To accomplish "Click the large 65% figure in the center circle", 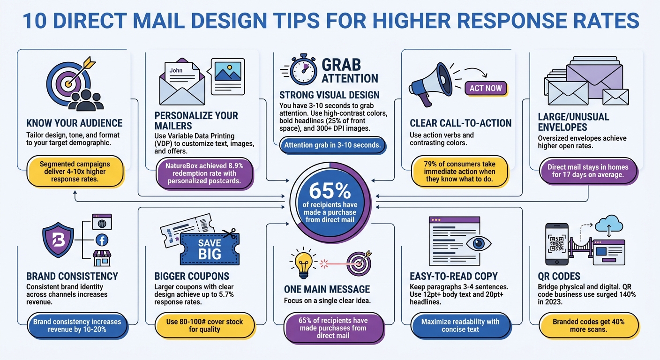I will click(x=330, y=190).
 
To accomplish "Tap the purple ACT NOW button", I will click(x=486, y=88).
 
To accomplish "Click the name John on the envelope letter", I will click(x=176, y=71).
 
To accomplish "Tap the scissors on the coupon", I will click(x=229, y=233).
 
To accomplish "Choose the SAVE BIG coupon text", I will click(x=210, y=248).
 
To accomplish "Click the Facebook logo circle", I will click(x=102, y=240).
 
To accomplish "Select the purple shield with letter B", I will click(x=58, y=240).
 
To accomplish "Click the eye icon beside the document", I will click(x=478, y=243).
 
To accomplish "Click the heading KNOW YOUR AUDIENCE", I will click(x=75, y=123).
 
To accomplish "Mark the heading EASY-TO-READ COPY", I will click(x=454, y=276).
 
